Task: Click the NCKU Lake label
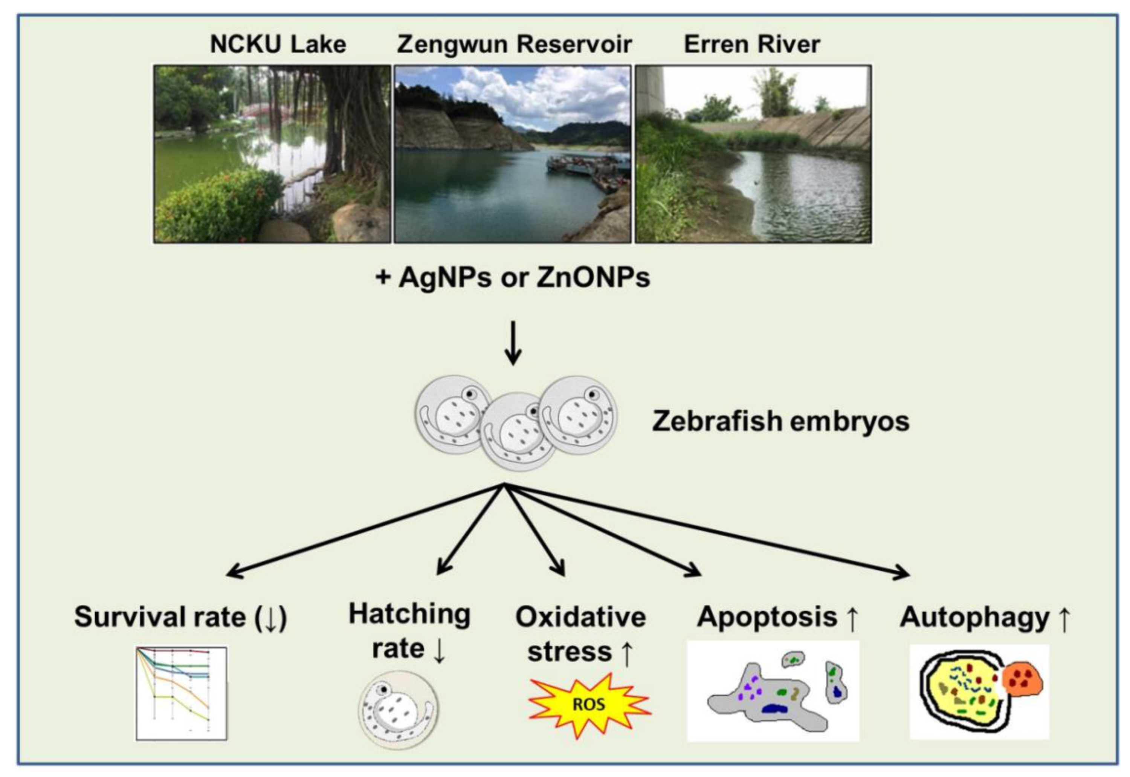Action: [278, 44]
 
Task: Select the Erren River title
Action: [751, 44]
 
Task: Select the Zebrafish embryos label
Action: [780, 421]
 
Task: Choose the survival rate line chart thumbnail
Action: [182, 693]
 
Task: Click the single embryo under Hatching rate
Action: [398, 709]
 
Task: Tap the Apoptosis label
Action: [767, 617]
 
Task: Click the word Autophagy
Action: [975, 617]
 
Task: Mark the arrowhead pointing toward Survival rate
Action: [235, 572]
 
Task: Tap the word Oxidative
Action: [580, 617]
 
